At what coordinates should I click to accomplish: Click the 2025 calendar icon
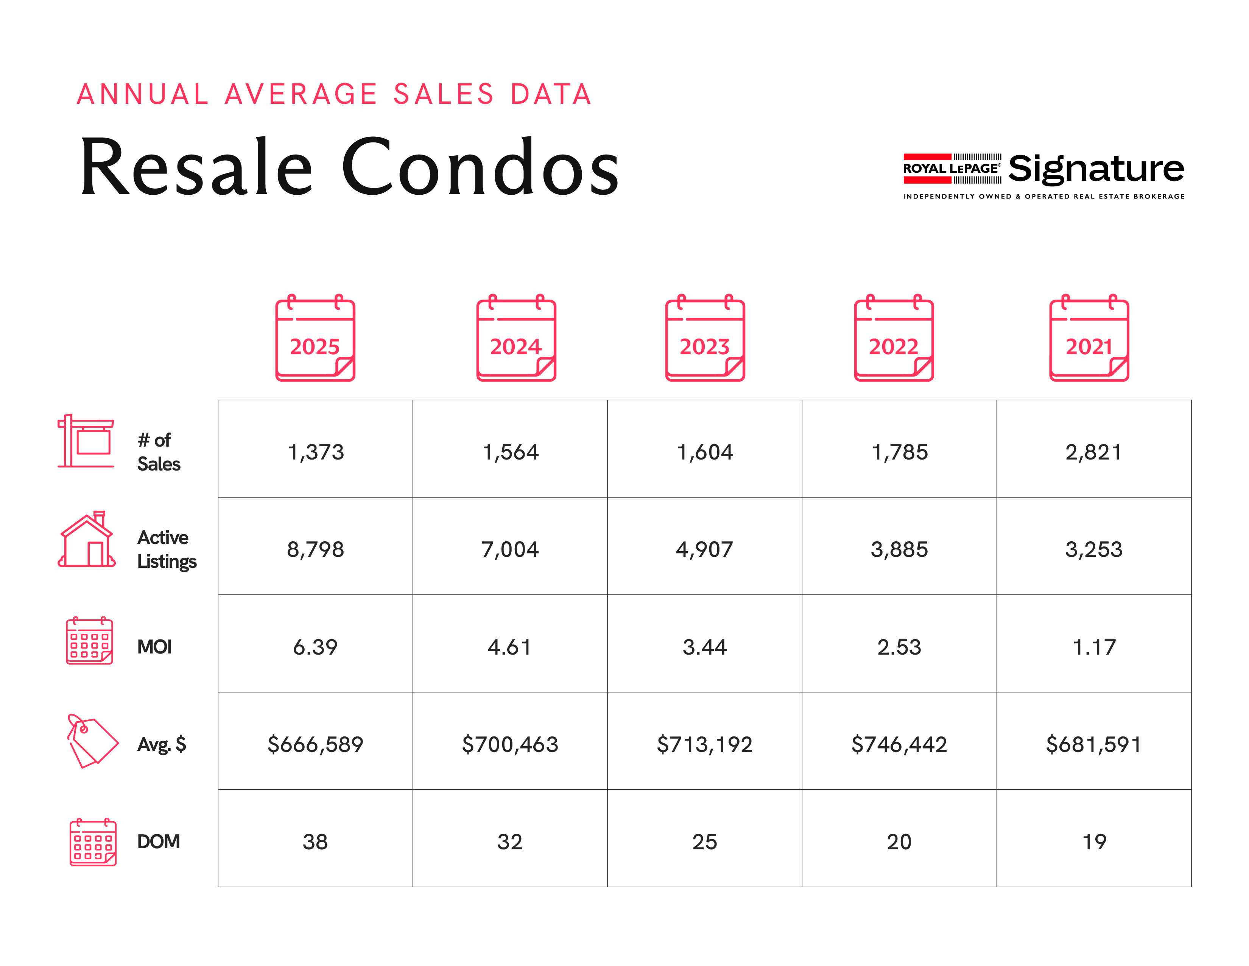[315, 339]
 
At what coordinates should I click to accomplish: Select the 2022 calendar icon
[893, 339]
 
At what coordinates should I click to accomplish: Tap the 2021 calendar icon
[1089, 339]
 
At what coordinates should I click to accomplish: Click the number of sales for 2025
[316, 452]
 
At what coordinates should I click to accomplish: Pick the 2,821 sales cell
[1093, 452]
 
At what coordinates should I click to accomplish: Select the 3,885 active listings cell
[899, 549]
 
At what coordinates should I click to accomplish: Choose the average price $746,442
[899, 744]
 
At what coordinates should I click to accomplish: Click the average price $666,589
[315, 744]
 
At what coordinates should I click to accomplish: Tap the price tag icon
[92, 741]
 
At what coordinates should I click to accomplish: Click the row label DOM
[159, 842]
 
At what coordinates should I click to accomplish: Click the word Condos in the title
[480, 167]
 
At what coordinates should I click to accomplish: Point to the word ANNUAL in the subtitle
[143, 94]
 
